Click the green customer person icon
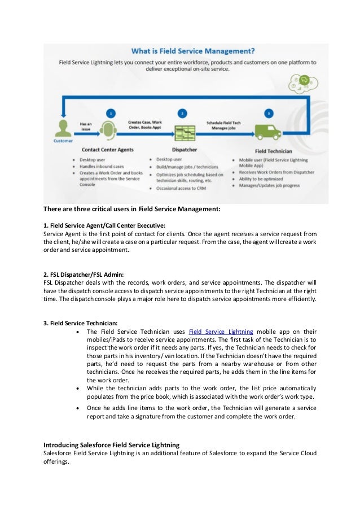[x=63, y=127]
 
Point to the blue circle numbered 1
[x=111, y=113]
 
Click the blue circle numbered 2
[x=182, y=113]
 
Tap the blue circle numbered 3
[x=269, y=113]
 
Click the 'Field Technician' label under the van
[x=274, y=151]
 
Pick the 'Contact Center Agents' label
[x=108, y=150]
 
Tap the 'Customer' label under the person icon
[x=63, y=141]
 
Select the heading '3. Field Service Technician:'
[x=81, y=323]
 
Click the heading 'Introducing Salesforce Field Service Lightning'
[x=112, y=445]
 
